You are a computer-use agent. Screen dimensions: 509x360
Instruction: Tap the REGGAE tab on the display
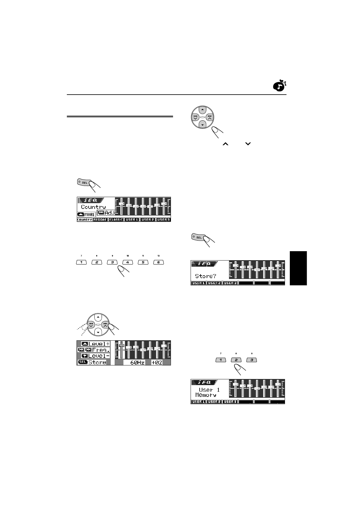coord(100,220)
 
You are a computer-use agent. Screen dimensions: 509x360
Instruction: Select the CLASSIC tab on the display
coord(116,220)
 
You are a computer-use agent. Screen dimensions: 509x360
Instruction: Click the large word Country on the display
coord(93,207)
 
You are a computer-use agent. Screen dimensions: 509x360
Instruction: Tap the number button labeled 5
coord(143,262)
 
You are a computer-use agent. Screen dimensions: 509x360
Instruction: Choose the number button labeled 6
coord(159,262)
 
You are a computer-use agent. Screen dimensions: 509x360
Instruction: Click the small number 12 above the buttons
coord(159,256)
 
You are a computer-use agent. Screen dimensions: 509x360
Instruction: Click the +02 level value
coord(157,362)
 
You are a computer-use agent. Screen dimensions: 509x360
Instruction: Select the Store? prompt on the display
coord(205,276)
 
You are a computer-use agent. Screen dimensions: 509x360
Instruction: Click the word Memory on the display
coord(206,395)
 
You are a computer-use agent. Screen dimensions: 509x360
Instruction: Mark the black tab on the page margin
coord(298,268)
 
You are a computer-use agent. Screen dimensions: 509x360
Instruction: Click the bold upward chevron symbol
coord(225,145)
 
